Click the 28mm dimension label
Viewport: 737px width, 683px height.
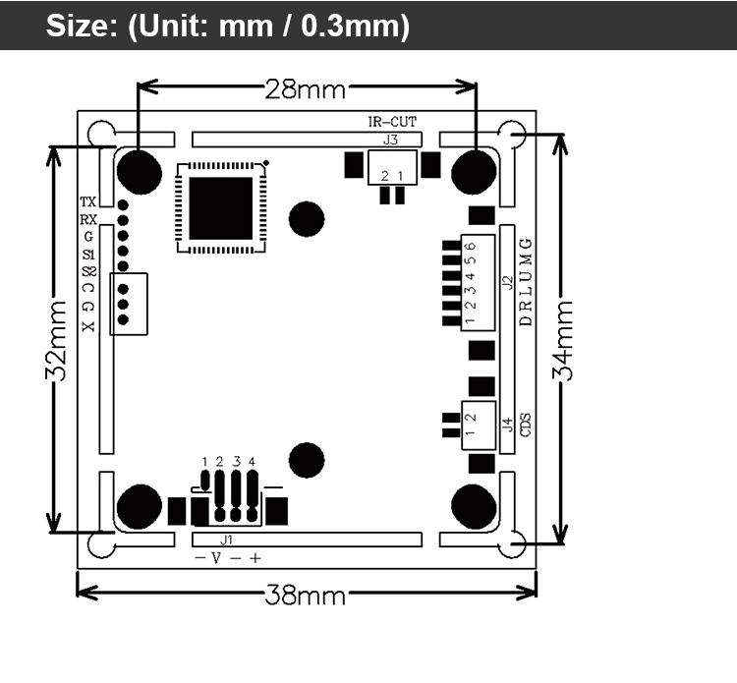tap(305, 88)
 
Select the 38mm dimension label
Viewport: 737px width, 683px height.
tap(305, 596)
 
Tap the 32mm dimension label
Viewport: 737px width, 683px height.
tap(56, 340)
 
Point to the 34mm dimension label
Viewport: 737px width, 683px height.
tap(563, 340)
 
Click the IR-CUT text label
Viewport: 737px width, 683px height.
tap(392, 122)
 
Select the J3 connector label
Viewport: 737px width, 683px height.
tap(390, 140)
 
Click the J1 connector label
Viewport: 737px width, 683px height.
tap(227, 541)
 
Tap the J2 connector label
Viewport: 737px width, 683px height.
tap(508, 282)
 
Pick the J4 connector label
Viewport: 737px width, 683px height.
tap(508, 425)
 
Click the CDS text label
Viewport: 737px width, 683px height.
tap(526, 425)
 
